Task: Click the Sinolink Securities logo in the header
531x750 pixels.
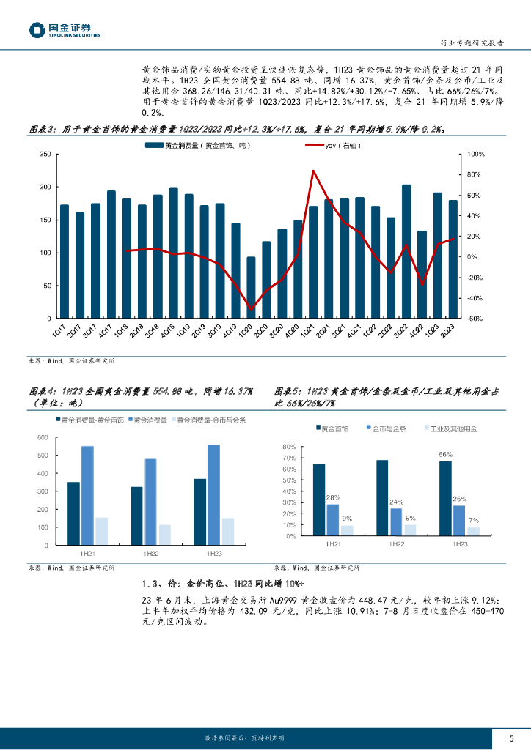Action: [x=65, y=29]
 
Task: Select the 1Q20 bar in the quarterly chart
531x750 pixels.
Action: [x=251, y=287]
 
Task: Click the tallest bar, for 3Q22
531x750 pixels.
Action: [x=407, y=251]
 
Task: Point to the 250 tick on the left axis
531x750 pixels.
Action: [x=44, y=154]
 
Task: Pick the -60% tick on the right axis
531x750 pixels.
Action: [x=475, y=319]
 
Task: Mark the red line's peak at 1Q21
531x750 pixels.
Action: [x=313, y=171]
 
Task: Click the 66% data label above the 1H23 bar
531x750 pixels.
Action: [x=445, y=454]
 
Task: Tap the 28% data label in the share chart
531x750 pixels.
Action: [x=332, y=497]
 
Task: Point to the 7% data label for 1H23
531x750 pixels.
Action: [x=474, y=520]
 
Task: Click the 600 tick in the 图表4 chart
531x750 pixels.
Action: [x=42, y=438]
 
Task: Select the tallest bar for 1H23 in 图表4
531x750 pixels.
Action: [x=213, y=494]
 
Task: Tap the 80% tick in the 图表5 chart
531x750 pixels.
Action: [x=288, y=447]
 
